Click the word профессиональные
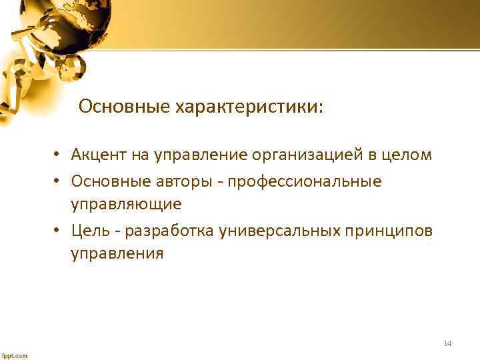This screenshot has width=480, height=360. [305, 181]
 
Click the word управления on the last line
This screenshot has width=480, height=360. [117, 253]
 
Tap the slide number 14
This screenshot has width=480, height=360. [447, 343]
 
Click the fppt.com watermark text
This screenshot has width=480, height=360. [14, 355]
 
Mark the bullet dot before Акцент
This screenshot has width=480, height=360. [59, 156]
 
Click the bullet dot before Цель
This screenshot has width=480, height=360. [59, 231]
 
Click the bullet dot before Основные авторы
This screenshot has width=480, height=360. [59, 182]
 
